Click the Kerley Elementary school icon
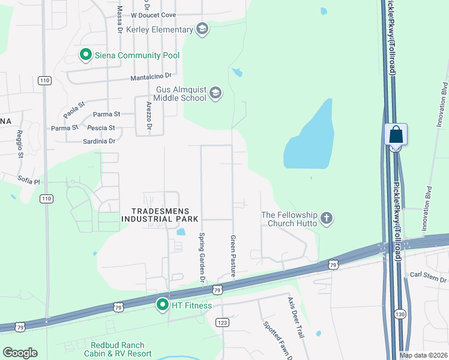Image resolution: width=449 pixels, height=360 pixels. [x=202, y=29]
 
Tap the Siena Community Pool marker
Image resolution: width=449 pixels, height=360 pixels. [x=85, y=55]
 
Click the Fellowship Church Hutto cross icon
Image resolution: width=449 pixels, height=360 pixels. [x=327, y=218]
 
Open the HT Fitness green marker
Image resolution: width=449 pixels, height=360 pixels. [x=162, y=305]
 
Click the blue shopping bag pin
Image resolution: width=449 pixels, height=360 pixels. [x=396, y=135]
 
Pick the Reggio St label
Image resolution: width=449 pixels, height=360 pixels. [x=20, y=143]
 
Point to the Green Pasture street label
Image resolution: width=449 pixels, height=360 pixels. [x=233, y=255]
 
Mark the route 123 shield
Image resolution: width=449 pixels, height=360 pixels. [x=223, y=322]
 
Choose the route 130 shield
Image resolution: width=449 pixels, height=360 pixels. [x=400, y=314]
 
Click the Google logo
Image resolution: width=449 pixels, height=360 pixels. [x=20, y=353]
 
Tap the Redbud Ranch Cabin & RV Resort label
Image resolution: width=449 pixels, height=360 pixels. [x=121, y=349]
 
